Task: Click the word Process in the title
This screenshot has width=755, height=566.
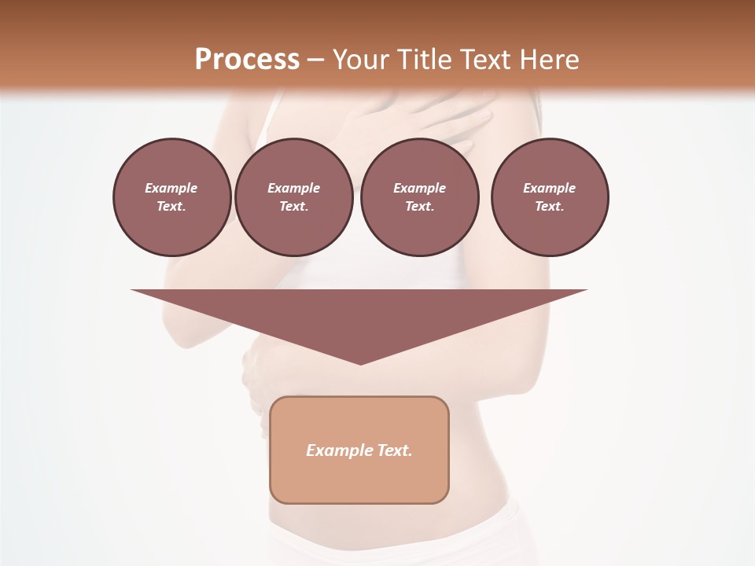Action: pyautogui.click(x=247, y=59)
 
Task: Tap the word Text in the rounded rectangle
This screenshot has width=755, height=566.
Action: pyautogui.click(x=394, y=450)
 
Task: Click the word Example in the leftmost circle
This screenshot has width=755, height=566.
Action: pyautogui.click(x=171, y=188)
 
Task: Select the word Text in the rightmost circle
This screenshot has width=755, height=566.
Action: pyautogui.click(x=550, y=206)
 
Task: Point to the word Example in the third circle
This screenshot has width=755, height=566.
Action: pyautogui.click(x=419, y=188)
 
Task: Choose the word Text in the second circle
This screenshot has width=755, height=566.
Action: pyautogui.click(x=294, y=206)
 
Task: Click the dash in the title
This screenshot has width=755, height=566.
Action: pyautogui.click(x=315, y=60)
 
